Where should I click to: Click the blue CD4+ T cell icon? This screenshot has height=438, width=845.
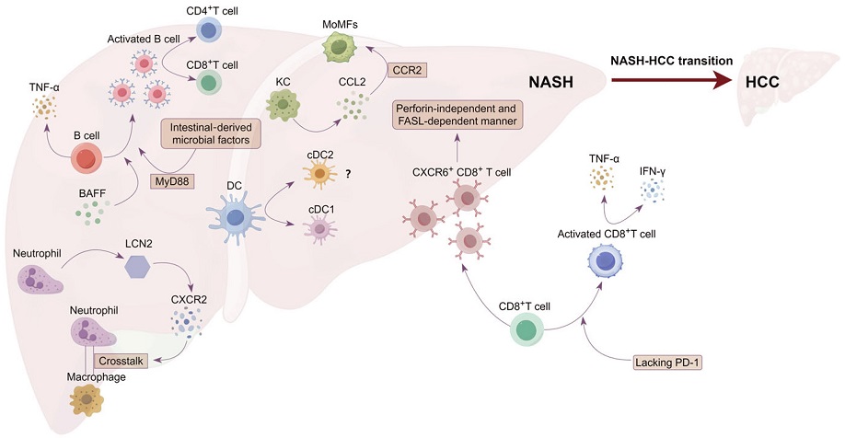click(x=206, y=30)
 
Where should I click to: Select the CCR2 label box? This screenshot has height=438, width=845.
click(x=407, y=70)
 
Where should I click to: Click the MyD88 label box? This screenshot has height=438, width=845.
click(x=171, y=181)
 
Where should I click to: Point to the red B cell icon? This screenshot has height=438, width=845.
click(x=87, y=158)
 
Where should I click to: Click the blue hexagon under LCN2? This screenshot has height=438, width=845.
click(x=138, y=266)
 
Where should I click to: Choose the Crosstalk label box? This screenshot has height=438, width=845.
click(x=121, y=361)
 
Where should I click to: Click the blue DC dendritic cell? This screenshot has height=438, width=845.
click(x=235, y=218)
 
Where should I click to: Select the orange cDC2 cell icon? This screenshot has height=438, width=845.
click(x=319, y=174)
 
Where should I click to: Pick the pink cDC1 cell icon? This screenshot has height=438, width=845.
click(x=320, y=229)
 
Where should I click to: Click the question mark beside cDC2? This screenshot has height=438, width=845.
click(x=349, y=174)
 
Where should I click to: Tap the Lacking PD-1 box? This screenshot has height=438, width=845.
click(x=667, y=363)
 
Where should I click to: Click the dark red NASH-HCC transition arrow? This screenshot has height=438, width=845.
click(x=671, y=81)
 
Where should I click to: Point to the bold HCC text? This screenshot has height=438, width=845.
click(x=762, y=82)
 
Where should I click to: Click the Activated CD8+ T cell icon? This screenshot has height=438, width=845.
click(x=604, y=260)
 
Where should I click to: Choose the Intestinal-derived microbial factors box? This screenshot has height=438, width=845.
click(x=211, y=133)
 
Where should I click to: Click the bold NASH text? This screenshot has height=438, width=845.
click(x=550, y=82)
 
